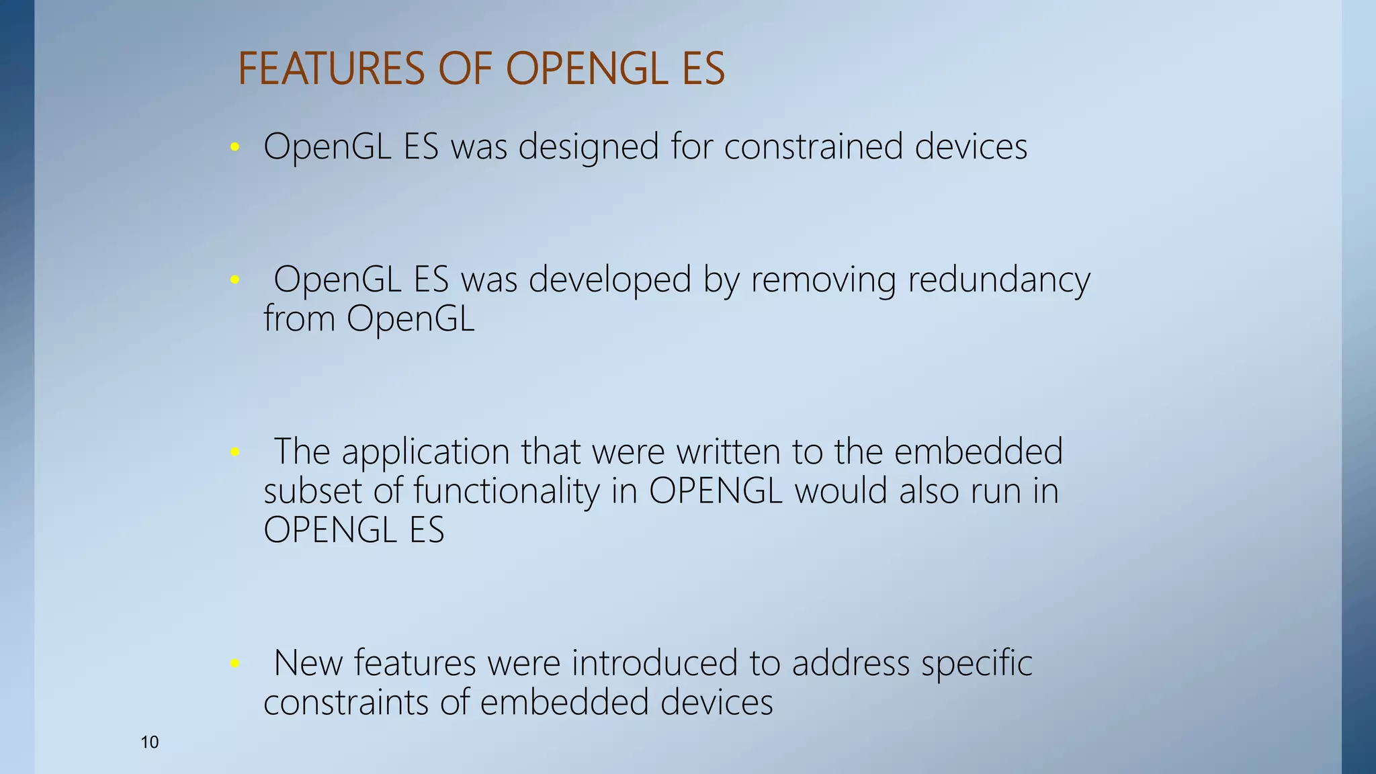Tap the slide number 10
coord(149,742)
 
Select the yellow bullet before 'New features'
coord(234,663)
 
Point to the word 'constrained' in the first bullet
coord(813,146)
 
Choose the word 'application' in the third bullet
coord(425,451)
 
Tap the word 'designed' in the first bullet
coord(589,146)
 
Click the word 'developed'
coord(609,279)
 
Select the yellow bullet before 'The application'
coord(234,451)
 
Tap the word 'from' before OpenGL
coord(299,318)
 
